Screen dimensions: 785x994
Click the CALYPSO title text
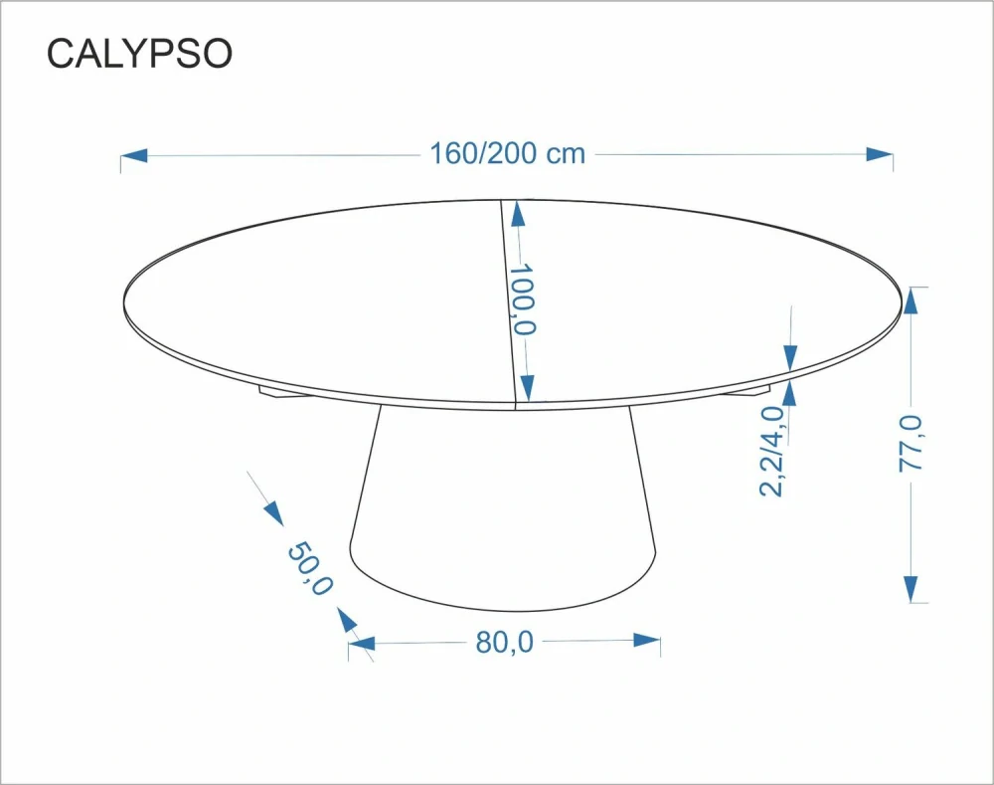[139, 55]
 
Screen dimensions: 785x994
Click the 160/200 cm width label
[507, 154]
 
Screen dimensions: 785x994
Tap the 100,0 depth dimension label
[523, 299]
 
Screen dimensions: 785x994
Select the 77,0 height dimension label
[911, 444]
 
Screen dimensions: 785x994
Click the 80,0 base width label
[504, 643]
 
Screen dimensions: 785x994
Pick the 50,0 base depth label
[309, 569]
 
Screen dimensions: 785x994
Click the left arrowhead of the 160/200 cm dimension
[134, 155]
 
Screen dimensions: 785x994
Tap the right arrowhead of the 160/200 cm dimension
[879, 154]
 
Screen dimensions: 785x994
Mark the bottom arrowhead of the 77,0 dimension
[911, 587]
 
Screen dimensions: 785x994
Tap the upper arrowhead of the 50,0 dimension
[271, 511]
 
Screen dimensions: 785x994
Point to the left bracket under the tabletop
[281, 392]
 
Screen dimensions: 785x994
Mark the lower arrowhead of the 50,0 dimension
[347, 621]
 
